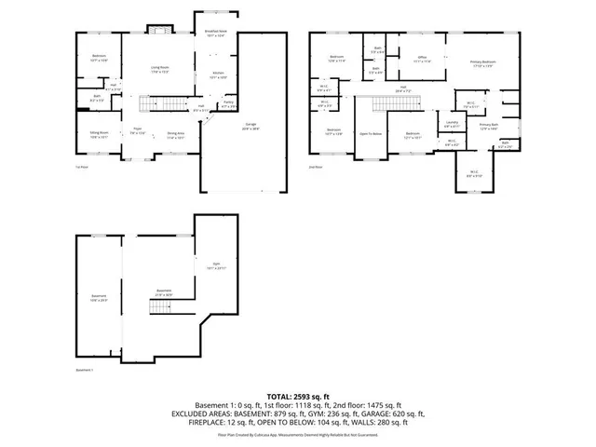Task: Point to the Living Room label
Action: point(160,69)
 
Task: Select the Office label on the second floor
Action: point(421,60)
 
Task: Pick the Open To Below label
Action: point(371,134)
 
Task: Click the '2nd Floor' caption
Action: point(316,167)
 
